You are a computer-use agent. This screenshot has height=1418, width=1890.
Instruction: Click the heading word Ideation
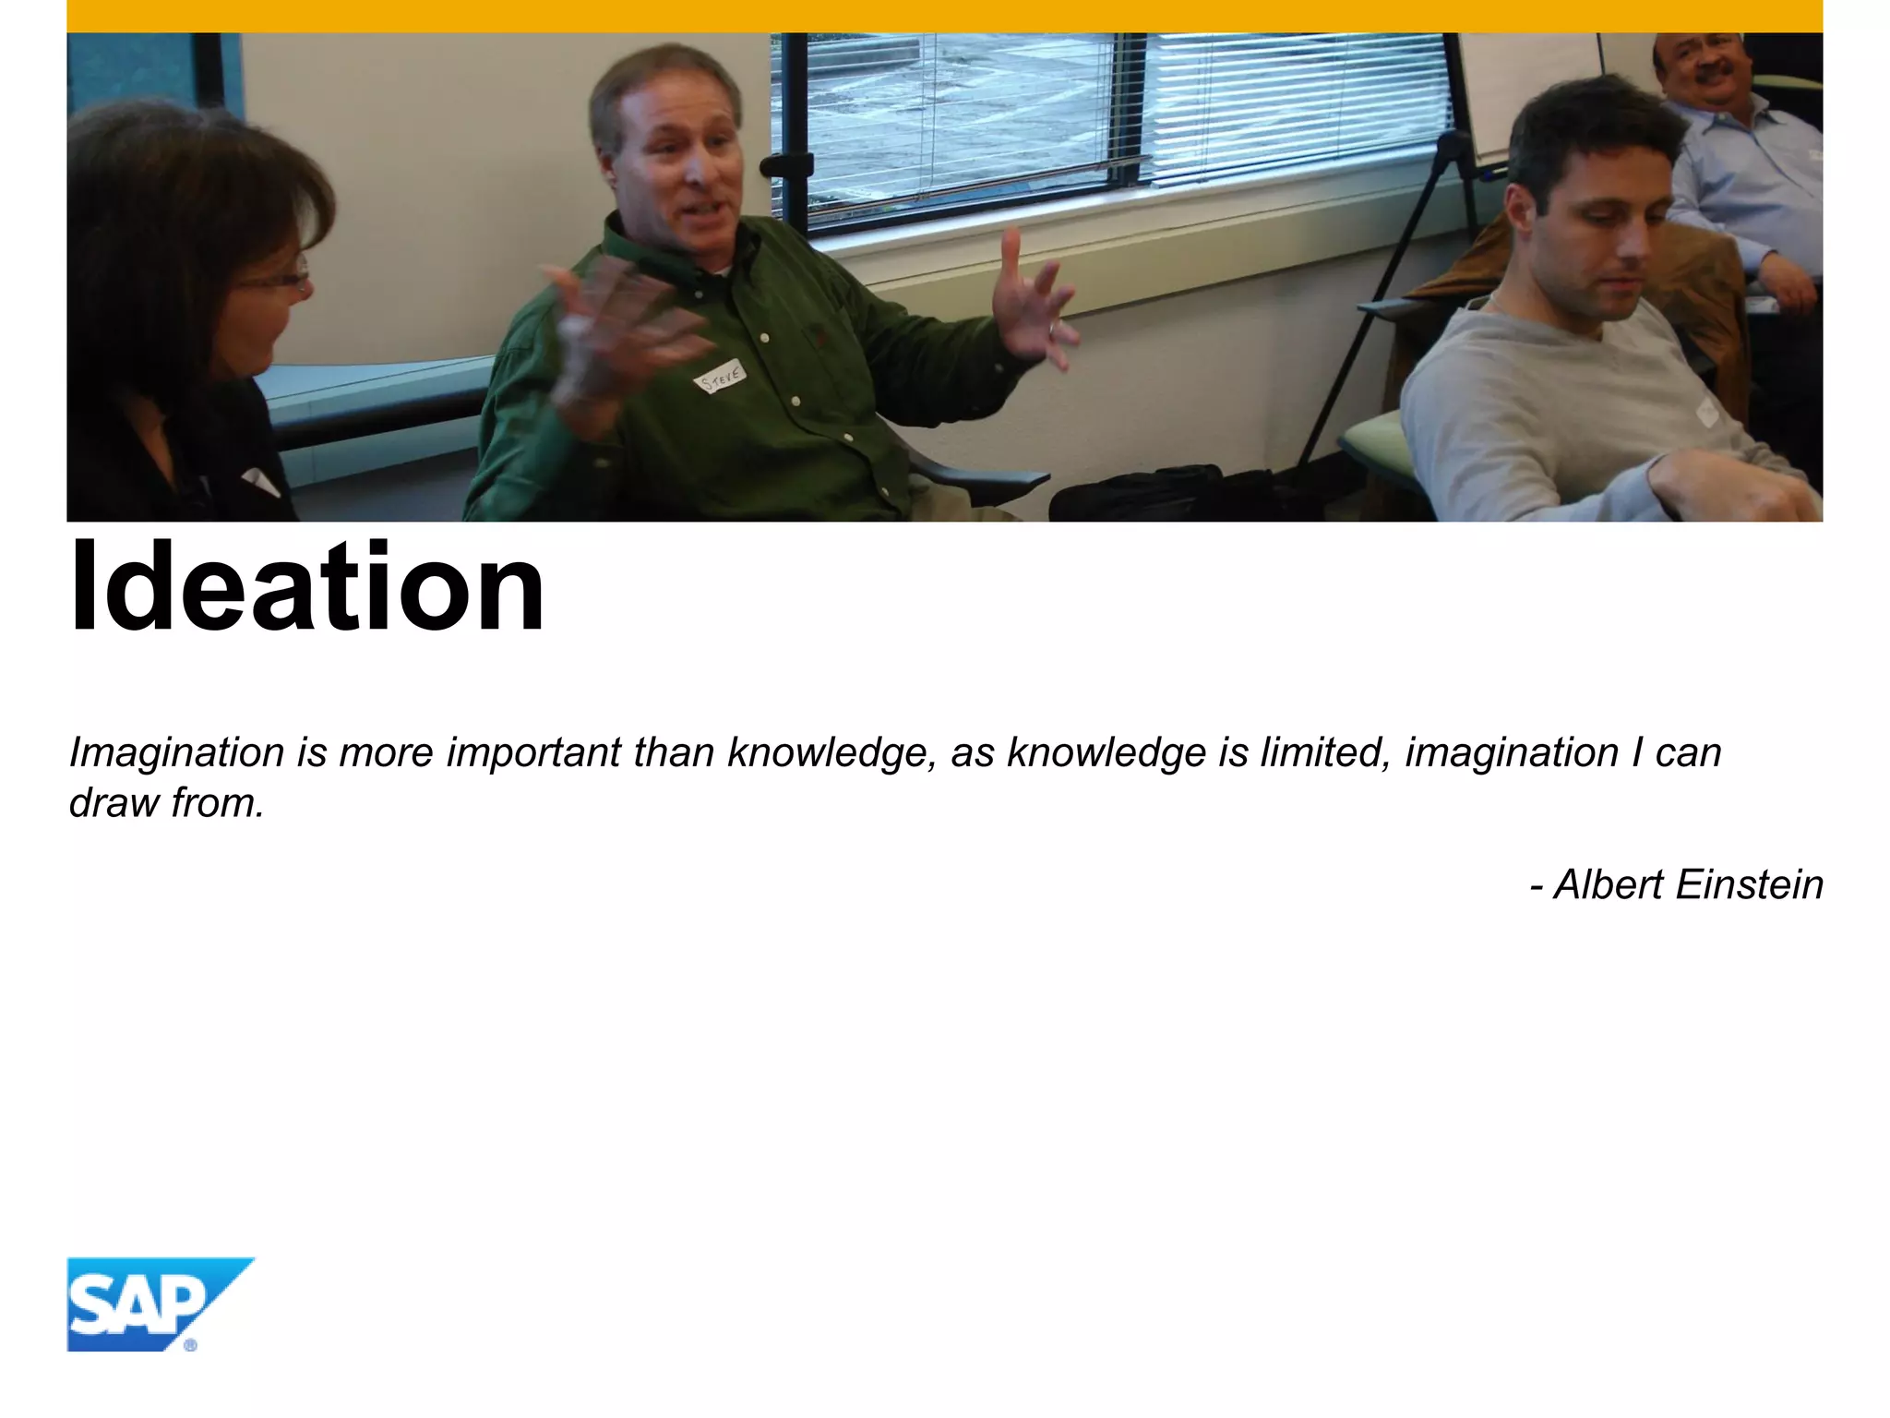307,587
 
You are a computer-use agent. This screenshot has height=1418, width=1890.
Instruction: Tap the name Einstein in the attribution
1749,884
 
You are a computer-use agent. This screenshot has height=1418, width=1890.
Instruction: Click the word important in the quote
533,753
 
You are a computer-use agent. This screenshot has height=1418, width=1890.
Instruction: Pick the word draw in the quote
114,802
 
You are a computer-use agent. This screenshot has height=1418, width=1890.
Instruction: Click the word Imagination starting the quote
176,753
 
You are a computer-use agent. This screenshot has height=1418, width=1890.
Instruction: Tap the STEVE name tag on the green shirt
721,377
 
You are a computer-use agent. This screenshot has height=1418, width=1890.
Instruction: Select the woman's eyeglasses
277,280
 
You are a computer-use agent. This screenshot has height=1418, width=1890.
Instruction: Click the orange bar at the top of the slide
945,16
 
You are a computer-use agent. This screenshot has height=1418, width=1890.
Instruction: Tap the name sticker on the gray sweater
1706,412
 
